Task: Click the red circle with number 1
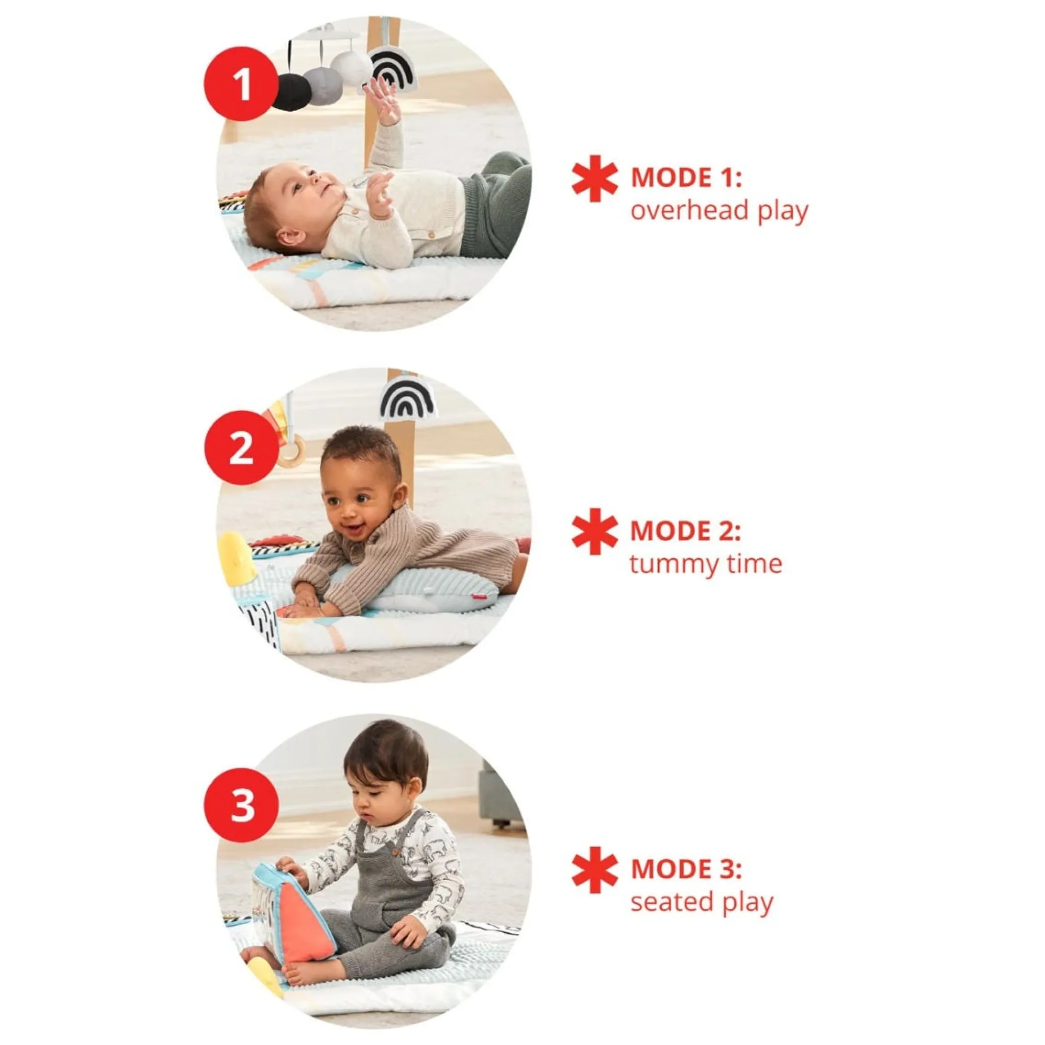click(x=241, y=84)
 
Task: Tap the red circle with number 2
click(x=241, y=447)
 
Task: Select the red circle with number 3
click(x=241, y=805)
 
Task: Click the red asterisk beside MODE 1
click(x=594, y=179)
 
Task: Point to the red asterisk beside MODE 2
click(x=594, y=531)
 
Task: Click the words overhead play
click(x=719, y=210)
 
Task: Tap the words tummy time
click(x=706, y=564)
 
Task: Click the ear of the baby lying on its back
click(x=290, y=237)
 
